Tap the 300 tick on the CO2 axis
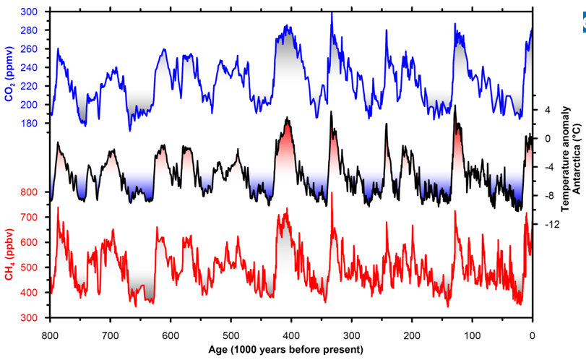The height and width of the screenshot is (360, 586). [x=31, y=12]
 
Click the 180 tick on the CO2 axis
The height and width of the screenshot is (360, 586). [x=31, y=124]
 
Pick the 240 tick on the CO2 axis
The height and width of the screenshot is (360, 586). [x=31, y=68]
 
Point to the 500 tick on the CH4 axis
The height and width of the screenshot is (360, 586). [x=31, y=267]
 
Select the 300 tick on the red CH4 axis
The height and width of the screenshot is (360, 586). [x=31, y=318]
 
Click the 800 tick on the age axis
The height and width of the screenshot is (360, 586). [x=51, y=335]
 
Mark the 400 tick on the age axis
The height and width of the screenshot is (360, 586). [x=291, y=335]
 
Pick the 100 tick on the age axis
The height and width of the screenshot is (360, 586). [x=472, y=335]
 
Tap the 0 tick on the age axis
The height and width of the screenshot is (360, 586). [x=533, y=335]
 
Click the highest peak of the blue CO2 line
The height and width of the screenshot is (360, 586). [x=332, y=14]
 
